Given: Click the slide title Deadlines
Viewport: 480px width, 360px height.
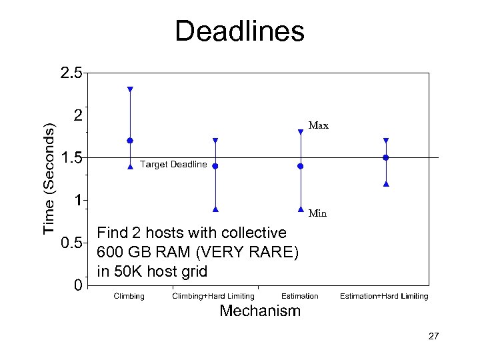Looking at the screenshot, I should (239, 31).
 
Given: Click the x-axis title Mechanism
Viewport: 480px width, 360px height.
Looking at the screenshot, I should (260, 311).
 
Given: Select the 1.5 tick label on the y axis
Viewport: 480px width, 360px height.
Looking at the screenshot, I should (71, 158).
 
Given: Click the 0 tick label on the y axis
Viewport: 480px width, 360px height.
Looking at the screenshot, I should (78, 285).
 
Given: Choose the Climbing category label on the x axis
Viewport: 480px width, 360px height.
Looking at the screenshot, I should (129, 296).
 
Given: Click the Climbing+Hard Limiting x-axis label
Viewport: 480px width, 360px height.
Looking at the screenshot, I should (213, 296).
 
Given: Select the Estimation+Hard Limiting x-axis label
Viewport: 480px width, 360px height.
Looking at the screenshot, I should (384, 296).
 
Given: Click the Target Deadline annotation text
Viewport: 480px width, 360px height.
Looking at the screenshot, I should (173, 164).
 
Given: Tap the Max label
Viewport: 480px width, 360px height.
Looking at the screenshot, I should (318, 125).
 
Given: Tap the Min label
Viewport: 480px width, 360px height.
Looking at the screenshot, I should (318, 214).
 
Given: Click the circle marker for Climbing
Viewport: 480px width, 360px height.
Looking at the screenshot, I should (130, 141).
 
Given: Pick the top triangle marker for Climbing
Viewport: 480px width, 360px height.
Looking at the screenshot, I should (130, 89).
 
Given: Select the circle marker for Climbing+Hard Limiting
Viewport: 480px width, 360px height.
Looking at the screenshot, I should (215, 166).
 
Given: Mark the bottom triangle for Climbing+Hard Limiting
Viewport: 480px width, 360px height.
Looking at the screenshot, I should (215, 209).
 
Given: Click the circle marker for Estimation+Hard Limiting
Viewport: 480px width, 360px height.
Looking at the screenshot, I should (386, 157).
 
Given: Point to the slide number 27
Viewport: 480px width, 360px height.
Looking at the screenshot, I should (433, 337).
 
